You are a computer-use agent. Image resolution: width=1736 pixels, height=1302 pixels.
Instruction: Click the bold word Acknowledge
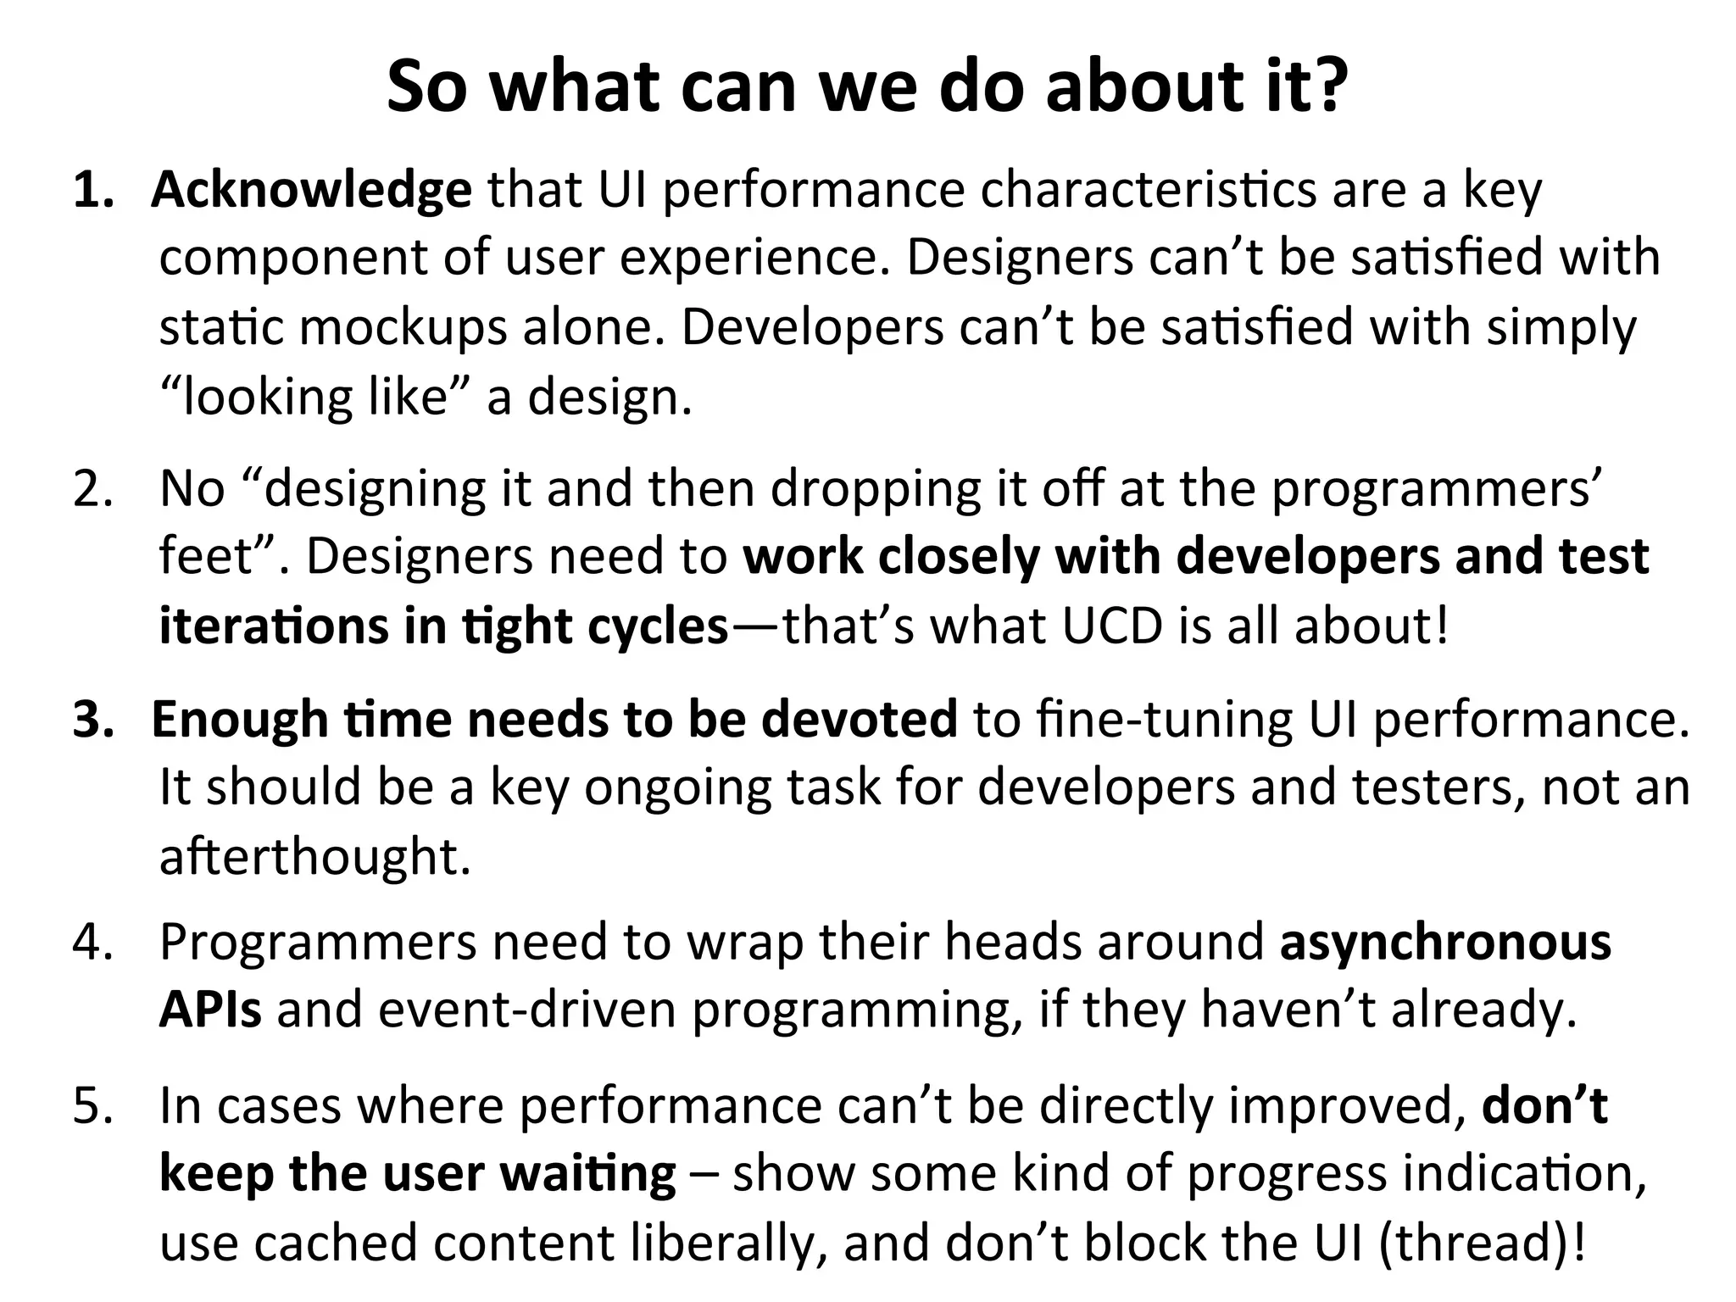(311, 191)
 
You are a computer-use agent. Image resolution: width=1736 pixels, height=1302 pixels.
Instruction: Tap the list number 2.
(92, 489)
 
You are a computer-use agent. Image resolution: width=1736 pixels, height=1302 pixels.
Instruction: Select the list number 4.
(92, 942)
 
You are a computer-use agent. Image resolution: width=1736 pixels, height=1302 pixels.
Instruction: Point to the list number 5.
(92, 1106)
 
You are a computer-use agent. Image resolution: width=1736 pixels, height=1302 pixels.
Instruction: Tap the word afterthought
(314, 857)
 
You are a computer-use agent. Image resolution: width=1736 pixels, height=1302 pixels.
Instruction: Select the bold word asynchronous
(1445, 942)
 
